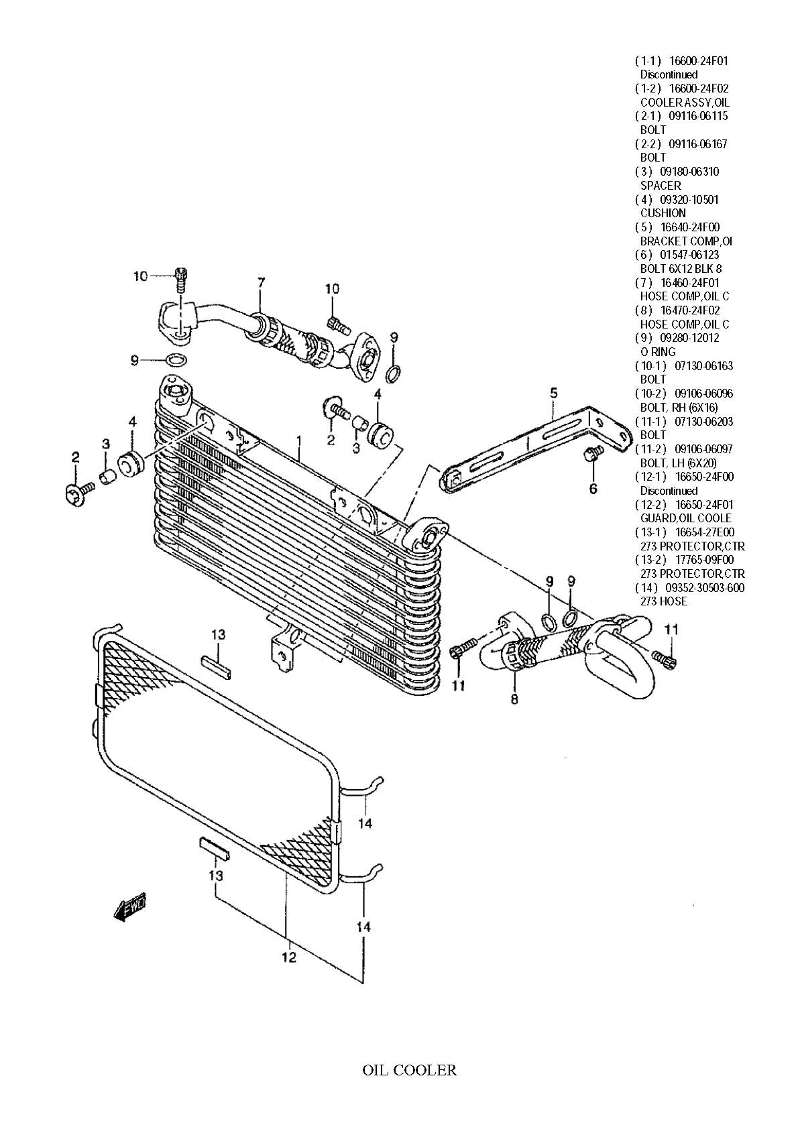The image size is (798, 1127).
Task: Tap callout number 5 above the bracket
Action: pyautogui.click(x=553, y=392)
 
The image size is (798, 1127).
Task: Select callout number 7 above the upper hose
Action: pyautogui.click(x=261, y=283)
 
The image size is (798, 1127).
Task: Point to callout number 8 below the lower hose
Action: pyautogui.click(x=514, y=699)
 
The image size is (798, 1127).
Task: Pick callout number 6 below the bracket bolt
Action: pyautogui.click(x=593, y=488)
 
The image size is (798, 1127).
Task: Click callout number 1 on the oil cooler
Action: pyautogui.click(x=298, y=440)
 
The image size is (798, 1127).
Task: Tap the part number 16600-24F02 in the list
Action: pyautogui.click(x=699, y=88)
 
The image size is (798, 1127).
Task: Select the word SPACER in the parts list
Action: pyautogui.click(x=660, y=186)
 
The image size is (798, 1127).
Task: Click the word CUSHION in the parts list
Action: pyautogui.click(x=663, y=213)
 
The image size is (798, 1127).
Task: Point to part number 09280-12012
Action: pyautogui.click(x=690, y=338)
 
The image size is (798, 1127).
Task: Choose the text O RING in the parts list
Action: pyautogui.click(x=658, y=352)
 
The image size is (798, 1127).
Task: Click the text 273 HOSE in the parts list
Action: pyautogui.click(x=663, y=602)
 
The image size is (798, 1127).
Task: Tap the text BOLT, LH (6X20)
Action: pyautogui.click(x=678, y=463)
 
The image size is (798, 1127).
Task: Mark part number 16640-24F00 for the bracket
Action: pyautogui.click(x=690, y=227)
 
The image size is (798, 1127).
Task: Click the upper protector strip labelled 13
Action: pyautogui.click(x=216, y=668)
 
